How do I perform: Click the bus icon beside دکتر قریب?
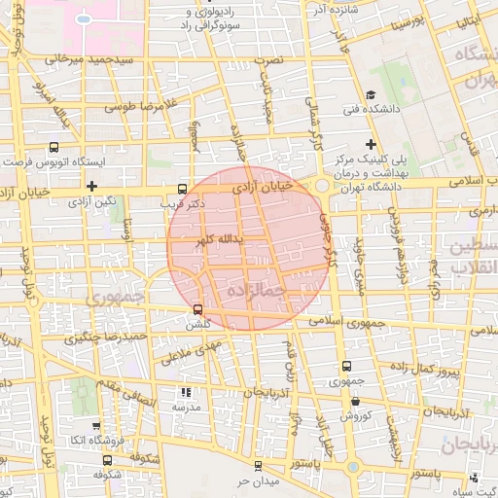[183, 189]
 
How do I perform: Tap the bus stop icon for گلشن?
[197, 310]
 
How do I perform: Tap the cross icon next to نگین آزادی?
[91, 186]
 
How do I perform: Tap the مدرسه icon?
[185, 393]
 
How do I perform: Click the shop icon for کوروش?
[355, 401]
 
